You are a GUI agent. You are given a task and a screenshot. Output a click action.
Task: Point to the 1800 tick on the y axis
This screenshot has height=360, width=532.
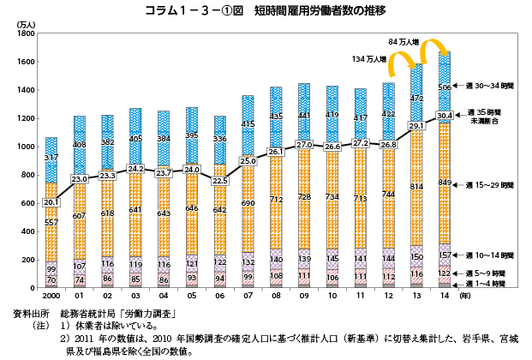click(22, 34)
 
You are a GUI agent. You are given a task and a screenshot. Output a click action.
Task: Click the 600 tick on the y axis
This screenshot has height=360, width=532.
click(25, 203)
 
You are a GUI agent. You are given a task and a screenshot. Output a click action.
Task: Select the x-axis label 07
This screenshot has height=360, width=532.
click(248, 295)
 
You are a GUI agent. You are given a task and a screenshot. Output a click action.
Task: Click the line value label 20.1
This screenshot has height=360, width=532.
click(51, 201)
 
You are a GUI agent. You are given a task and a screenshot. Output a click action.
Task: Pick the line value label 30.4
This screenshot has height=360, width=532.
click(444, 115)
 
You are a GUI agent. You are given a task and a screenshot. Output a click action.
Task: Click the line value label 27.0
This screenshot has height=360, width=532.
click(303, 145)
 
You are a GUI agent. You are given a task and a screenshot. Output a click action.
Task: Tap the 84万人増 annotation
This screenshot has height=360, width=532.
click(403, 41)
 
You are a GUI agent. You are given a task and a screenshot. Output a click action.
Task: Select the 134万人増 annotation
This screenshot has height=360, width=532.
click(369, 58)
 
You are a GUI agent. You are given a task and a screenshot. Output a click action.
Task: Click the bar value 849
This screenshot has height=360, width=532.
click(444, 183)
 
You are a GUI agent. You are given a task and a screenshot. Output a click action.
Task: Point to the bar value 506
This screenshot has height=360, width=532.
click(444, 87)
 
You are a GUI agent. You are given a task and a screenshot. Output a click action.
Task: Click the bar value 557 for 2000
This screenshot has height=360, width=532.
click(51, 223)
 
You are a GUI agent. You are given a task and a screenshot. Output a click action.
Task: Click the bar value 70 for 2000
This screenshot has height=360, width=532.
click(51, 279)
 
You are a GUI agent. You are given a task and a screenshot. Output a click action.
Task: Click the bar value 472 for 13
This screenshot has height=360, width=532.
click(415, 99)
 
